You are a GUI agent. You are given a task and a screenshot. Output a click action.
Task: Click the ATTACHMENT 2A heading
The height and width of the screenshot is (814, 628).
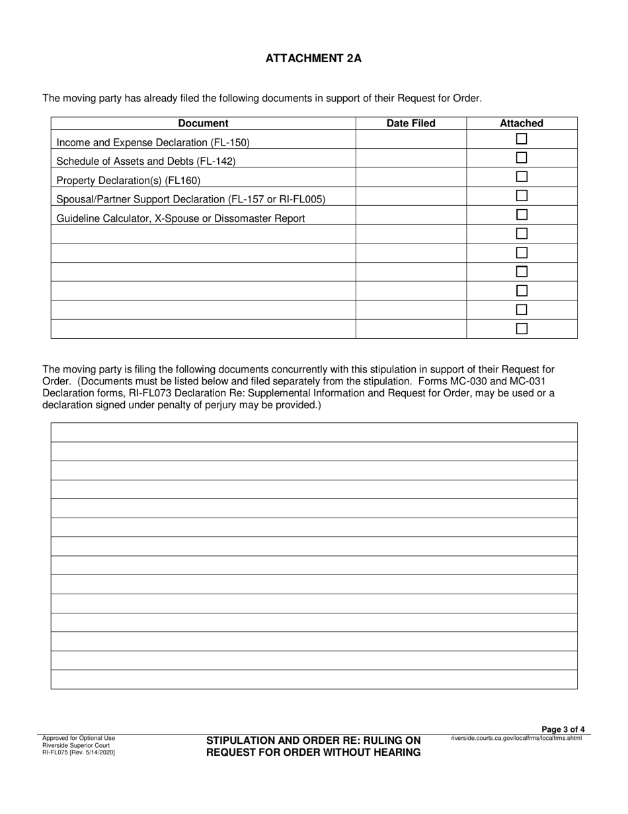313,58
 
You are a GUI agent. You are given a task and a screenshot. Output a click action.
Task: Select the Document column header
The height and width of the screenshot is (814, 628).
203,123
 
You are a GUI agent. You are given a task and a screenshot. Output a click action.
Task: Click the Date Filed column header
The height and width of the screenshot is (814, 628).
411,123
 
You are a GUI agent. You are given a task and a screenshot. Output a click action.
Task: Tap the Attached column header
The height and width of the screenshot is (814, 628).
521,123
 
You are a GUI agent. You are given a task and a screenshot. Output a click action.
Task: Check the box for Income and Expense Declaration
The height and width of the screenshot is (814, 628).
522,139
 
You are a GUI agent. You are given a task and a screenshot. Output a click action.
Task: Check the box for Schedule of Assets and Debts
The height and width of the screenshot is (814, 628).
522,158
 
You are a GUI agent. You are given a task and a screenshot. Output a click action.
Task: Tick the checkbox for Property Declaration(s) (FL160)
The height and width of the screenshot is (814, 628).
522,177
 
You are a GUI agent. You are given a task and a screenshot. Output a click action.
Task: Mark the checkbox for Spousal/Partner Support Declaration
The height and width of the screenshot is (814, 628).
522,196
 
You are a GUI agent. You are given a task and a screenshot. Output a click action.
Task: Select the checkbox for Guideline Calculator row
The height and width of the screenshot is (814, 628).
522,215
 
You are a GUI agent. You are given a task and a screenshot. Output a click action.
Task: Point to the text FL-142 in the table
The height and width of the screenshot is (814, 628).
216,161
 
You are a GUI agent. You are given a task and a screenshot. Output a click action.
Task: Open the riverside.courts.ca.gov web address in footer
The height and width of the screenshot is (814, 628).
516,738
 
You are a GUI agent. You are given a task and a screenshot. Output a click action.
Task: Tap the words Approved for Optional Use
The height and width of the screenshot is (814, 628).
78,738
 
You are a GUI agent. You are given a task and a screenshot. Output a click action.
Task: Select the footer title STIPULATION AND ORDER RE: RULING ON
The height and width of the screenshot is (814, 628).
313,741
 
